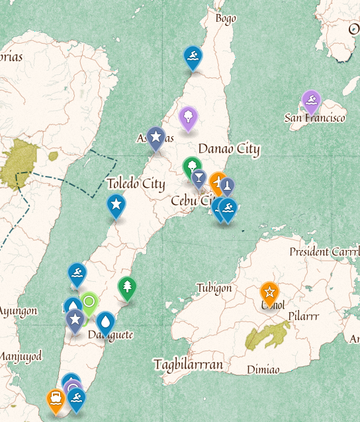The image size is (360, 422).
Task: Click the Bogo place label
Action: point(226,19)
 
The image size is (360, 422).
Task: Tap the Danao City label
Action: point(229,149)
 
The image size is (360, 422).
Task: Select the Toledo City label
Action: point(136,184)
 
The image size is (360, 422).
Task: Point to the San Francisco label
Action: point(315,118)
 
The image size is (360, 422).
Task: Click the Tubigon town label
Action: point(214,288)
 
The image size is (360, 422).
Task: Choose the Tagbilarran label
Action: point(188,364)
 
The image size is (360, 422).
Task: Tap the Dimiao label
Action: point(263,369)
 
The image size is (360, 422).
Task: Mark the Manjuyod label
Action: point(20,357)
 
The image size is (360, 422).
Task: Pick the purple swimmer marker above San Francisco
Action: point(311,101)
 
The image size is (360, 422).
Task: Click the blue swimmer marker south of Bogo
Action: point(193,57)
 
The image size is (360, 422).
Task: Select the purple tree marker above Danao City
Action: point(189,117)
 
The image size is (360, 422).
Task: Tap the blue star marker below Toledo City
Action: point(116,206)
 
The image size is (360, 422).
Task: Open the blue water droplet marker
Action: point(106,322)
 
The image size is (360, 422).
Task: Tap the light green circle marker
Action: point(89,303)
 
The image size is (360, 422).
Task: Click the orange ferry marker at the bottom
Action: point(56,399)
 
